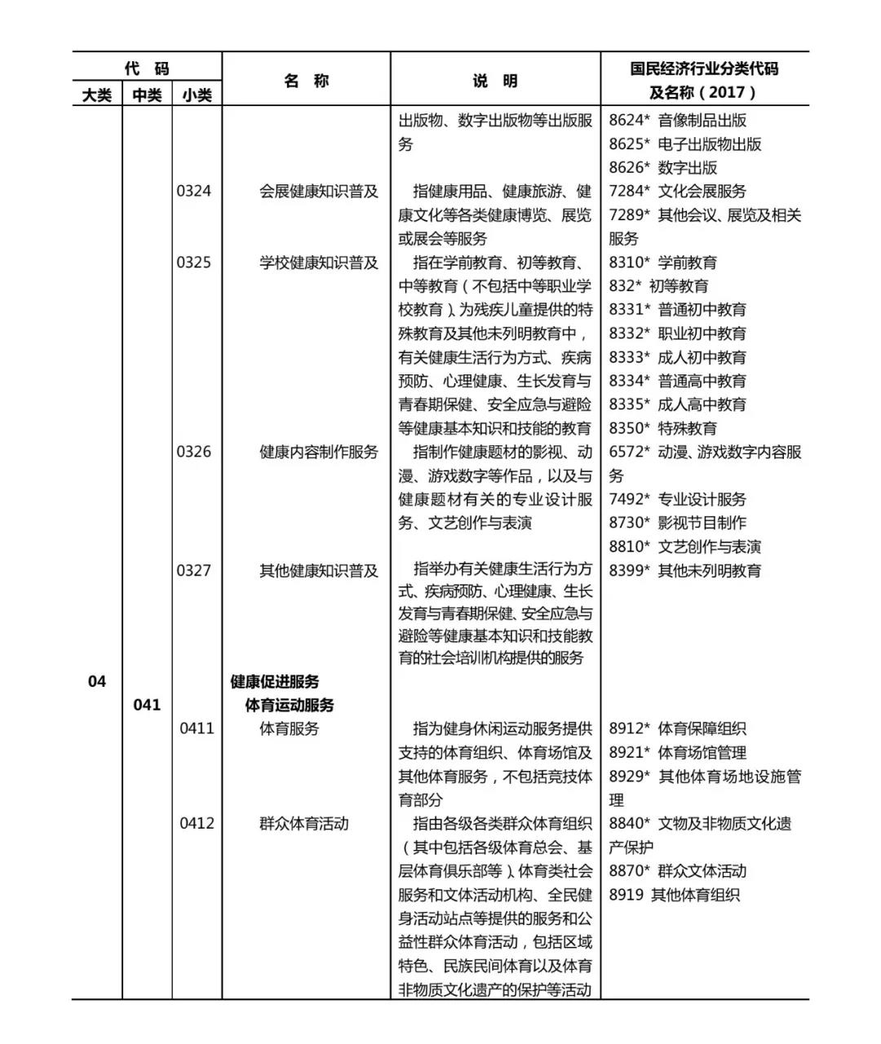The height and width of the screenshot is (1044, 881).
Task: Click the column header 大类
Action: point(97,95)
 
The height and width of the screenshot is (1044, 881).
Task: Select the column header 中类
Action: point(147,95)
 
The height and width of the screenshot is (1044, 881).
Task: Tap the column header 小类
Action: point(197,95)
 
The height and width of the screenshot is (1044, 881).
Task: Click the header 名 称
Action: point(306,81)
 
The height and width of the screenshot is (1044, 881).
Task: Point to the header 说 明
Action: point(495,81)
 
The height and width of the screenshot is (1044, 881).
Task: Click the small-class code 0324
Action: point(194,192)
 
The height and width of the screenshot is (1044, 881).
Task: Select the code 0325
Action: point(194,263)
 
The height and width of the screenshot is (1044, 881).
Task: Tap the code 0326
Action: point(194,452)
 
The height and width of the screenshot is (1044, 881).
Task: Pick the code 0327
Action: point(194,570)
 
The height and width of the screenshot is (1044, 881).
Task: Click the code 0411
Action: point(197,728)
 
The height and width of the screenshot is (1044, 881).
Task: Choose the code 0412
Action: point(197,823)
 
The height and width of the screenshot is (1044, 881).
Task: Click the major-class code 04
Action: point(97,681)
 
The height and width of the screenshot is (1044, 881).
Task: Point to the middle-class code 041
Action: point(147,705)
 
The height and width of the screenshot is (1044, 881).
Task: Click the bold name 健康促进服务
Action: point(275,681)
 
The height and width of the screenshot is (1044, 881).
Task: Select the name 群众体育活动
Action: point(304,824)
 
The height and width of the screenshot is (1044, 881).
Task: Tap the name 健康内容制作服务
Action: point(319,452)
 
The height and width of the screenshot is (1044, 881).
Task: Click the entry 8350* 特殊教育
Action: point(663,428)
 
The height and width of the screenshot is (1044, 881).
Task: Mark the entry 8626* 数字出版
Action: point(663,168)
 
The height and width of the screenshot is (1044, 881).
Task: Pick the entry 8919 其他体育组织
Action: point(675,895)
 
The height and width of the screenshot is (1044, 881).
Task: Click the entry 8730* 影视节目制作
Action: point(678,523)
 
